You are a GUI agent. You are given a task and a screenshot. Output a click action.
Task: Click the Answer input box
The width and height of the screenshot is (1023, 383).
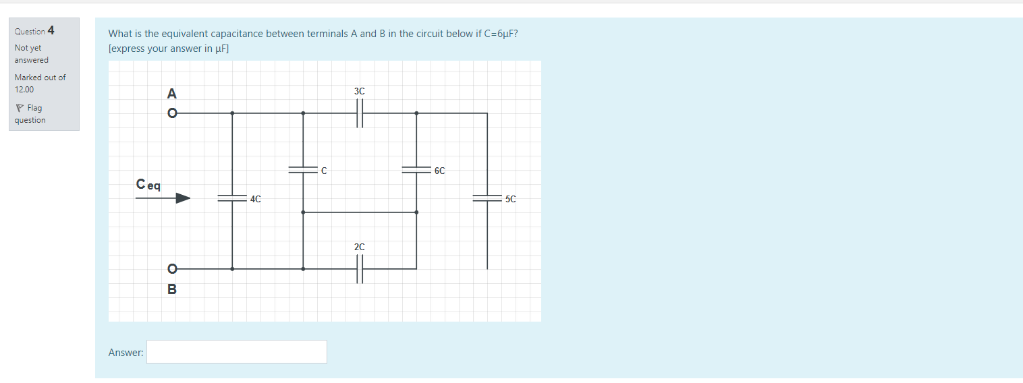236,352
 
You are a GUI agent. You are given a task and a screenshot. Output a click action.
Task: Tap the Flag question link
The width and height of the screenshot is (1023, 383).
30,114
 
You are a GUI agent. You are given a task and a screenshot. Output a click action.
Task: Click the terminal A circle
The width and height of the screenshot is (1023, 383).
172,113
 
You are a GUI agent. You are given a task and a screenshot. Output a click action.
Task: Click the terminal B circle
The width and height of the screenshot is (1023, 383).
172,268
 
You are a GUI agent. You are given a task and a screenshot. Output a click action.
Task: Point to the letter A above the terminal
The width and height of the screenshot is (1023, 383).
171,93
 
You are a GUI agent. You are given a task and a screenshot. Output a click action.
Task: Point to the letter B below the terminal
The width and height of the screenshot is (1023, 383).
172,289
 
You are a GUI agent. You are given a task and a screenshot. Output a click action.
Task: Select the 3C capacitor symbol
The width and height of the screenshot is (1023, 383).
360,113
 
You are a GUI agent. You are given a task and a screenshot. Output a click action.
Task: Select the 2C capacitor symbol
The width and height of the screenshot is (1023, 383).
360,268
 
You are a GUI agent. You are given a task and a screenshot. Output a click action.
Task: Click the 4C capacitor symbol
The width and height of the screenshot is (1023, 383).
232,198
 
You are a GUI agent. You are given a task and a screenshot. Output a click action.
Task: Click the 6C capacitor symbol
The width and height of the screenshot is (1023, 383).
416,171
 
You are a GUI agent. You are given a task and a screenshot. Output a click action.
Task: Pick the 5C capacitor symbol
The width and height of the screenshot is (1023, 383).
487,198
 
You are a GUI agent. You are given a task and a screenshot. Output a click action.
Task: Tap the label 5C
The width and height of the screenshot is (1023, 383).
510,199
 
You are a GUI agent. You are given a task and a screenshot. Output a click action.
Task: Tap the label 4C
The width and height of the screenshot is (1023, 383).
255,199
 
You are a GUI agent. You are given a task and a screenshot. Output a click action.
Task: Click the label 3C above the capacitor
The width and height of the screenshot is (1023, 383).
359,91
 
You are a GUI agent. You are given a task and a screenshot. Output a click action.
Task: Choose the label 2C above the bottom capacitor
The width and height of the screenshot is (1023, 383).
359,247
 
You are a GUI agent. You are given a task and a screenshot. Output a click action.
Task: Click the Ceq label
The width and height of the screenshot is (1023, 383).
148,184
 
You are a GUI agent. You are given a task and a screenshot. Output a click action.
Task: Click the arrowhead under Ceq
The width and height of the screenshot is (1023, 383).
183,198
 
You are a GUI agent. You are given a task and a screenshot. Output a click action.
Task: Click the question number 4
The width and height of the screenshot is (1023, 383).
51,30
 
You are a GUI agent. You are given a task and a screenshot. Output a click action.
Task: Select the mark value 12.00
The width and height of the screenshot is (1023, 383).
24,89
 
